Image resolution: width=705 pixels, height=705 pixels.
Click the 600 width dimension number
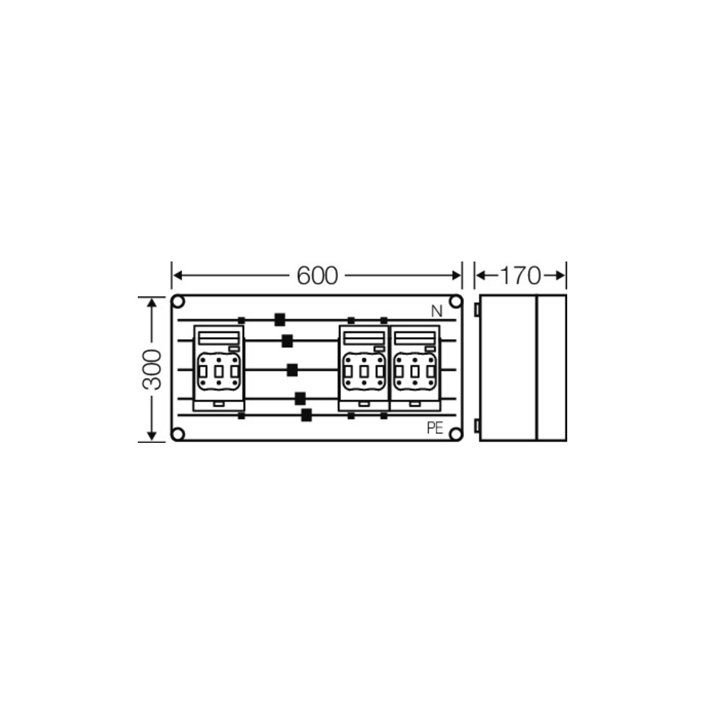pos(317,276)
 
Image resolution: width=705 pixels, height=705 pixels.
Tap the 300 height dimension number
pos(152,370)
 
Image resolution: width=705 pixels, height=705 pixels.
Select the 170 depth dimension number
pos(520,276)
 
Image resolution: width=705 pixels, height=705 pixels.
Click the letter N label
pos(436,311)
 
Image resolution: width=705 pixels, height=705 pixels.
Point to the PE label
pos(435,428)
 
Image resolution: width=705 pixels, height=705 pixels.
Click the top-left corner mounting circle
pos(179,302)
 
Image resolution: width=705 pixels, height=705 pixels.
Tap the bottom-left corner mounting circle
pos(179,435)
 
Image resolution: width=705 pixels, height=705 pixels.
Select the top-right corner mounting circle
pos(456,302)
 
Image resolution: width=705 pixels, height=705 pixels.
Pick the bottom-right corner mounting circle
pos(456,435)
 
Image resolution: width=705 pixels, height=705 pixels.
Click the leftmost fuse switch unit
pos(219,368)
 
